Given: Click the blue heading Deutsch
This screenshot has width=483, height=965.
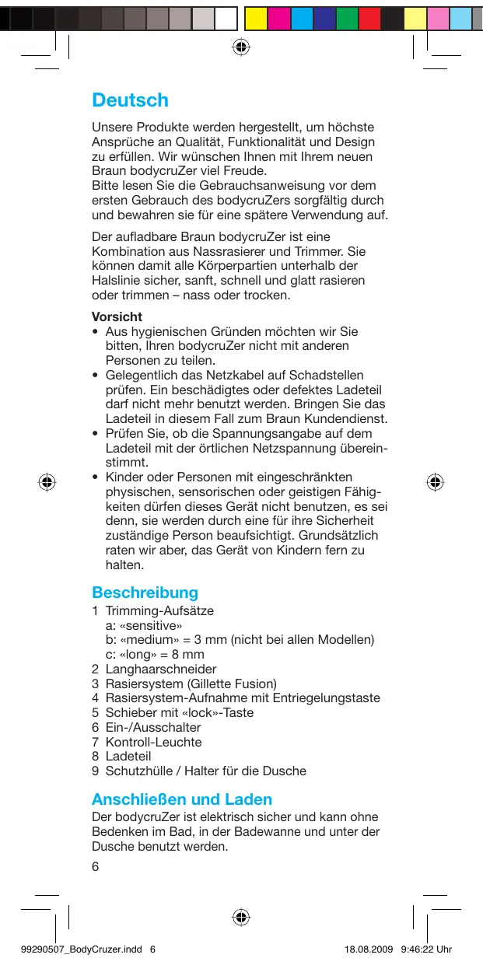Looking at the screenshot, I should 130,100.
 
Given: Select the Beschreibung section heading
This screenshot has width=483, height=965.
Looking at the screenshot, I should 145,593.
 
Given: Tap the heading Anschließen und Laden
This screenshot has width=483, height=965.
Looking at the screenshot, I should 182,799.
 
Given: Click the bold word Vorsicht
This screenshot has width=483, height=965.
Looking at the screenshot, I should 117,316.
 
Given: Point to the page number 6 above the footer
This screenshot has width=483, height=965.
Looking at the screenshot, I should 96,868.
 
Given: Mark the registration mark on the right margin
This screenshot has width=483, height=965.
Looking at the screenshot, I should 436,482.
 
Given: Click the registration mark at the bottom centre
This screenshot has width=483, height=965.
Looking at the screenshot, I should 241,917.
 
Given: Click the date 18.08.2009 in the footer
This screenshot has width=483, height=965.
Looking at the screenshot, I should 368,949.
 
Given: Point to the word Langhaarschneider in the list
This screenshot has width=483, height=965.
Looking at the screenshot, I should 160,669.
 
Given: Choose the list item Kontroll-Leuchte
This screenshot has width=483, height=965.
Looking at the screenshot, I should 153,742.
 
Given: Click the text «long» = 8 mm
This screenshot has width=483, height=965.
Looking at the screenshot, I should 155,654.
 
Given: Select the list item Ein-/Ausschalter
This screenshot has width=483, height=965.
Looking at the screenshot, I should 152,727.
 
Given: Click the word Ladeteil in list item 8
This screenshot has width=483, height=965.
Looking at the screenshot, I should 128,756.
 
